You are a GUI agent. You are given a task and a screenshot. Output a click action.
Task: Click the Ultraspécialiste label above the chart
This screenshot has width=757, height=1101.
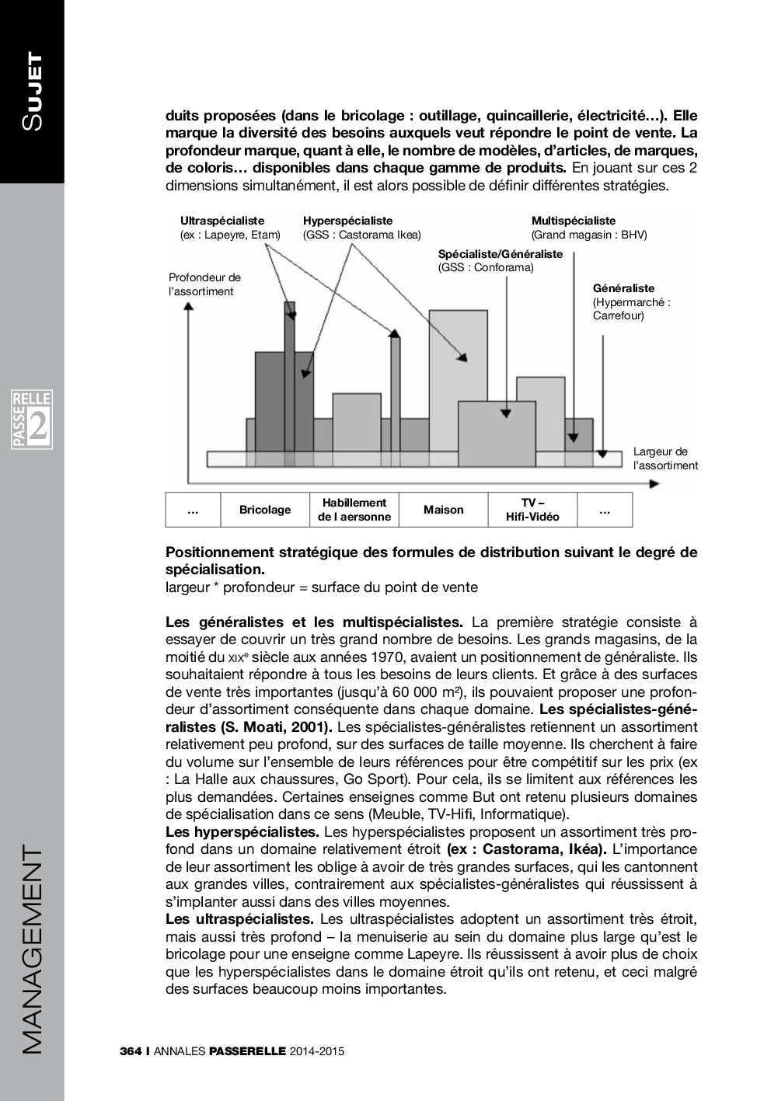click(222, 221)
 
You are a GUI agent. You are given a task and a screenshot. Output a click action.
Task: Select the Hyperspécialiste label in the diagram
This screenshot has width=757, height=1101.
click(347, 221)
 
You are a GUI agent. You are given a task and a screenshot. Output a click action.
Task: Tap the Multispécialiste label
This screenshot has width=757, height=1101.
click(573, 221)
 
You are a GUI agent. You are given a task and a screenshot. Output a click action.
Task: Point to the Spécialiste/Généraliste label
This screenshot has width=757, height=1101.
click(500, 254)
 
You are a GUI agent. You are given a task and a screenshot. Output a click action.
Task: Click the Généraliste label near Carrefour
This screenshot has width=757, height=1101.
click(623, 288)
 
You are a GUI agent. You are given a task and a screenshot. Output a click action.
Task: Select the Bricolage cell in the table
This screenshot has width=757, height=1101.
click(265, 510)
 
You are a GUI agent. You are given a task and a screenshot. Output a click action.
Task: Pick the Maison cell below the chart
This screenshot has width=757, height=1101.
click(443, 510)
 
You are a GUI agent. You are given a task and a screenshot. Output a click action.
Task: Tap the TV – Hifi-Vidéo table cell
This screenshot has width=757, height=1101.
click(532, 510)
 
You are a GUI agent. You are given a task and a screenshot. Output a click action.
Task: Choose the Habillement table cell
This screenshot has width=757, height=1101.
click(354, 510)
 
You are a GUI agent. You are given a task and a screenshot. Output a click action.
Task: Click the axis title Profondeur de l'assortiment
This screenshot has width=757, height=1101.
click(204, 284)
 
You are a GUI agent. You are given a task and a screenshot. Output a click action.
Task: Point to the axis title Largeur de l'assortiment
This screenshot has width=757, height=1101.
click(665, 458)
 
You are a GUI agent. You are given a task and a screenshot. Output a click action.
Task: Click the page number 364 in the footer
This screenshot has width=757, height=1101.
click(130, 1051)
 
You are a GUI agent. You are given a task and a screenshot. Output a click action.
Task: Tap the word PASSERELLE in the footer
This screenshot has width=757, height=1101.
click(248, 1051)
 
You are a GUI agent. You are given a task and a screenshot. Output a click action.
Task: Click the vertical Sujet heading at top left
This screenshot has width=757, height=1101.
click(32, 91)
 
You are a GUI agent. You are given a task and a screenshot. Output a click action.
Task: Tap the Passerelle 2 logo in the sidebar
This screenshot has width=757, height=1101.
click(31, 420)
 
